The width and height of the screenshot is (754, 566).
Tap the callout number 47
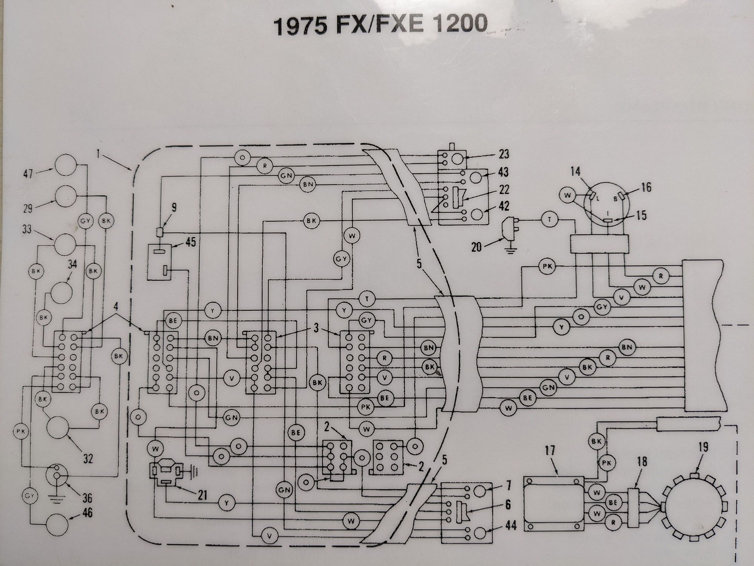click(29, 174)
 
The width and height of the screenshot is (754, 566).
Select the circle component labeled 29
click(66, 196)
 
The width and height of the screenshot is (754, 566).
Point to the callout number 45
click(191, 242)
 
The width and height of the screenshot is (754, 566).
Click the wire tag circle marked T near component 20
click(549, 220)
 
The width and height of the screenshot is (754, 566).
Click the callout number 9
click(173, 207)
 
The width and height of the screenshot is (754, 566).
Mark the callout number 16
click(646, 187)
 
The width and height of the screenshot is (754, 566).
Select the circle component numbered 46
click(57, 525)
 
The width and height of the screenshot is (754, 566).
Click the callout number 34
click(72, 265)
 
